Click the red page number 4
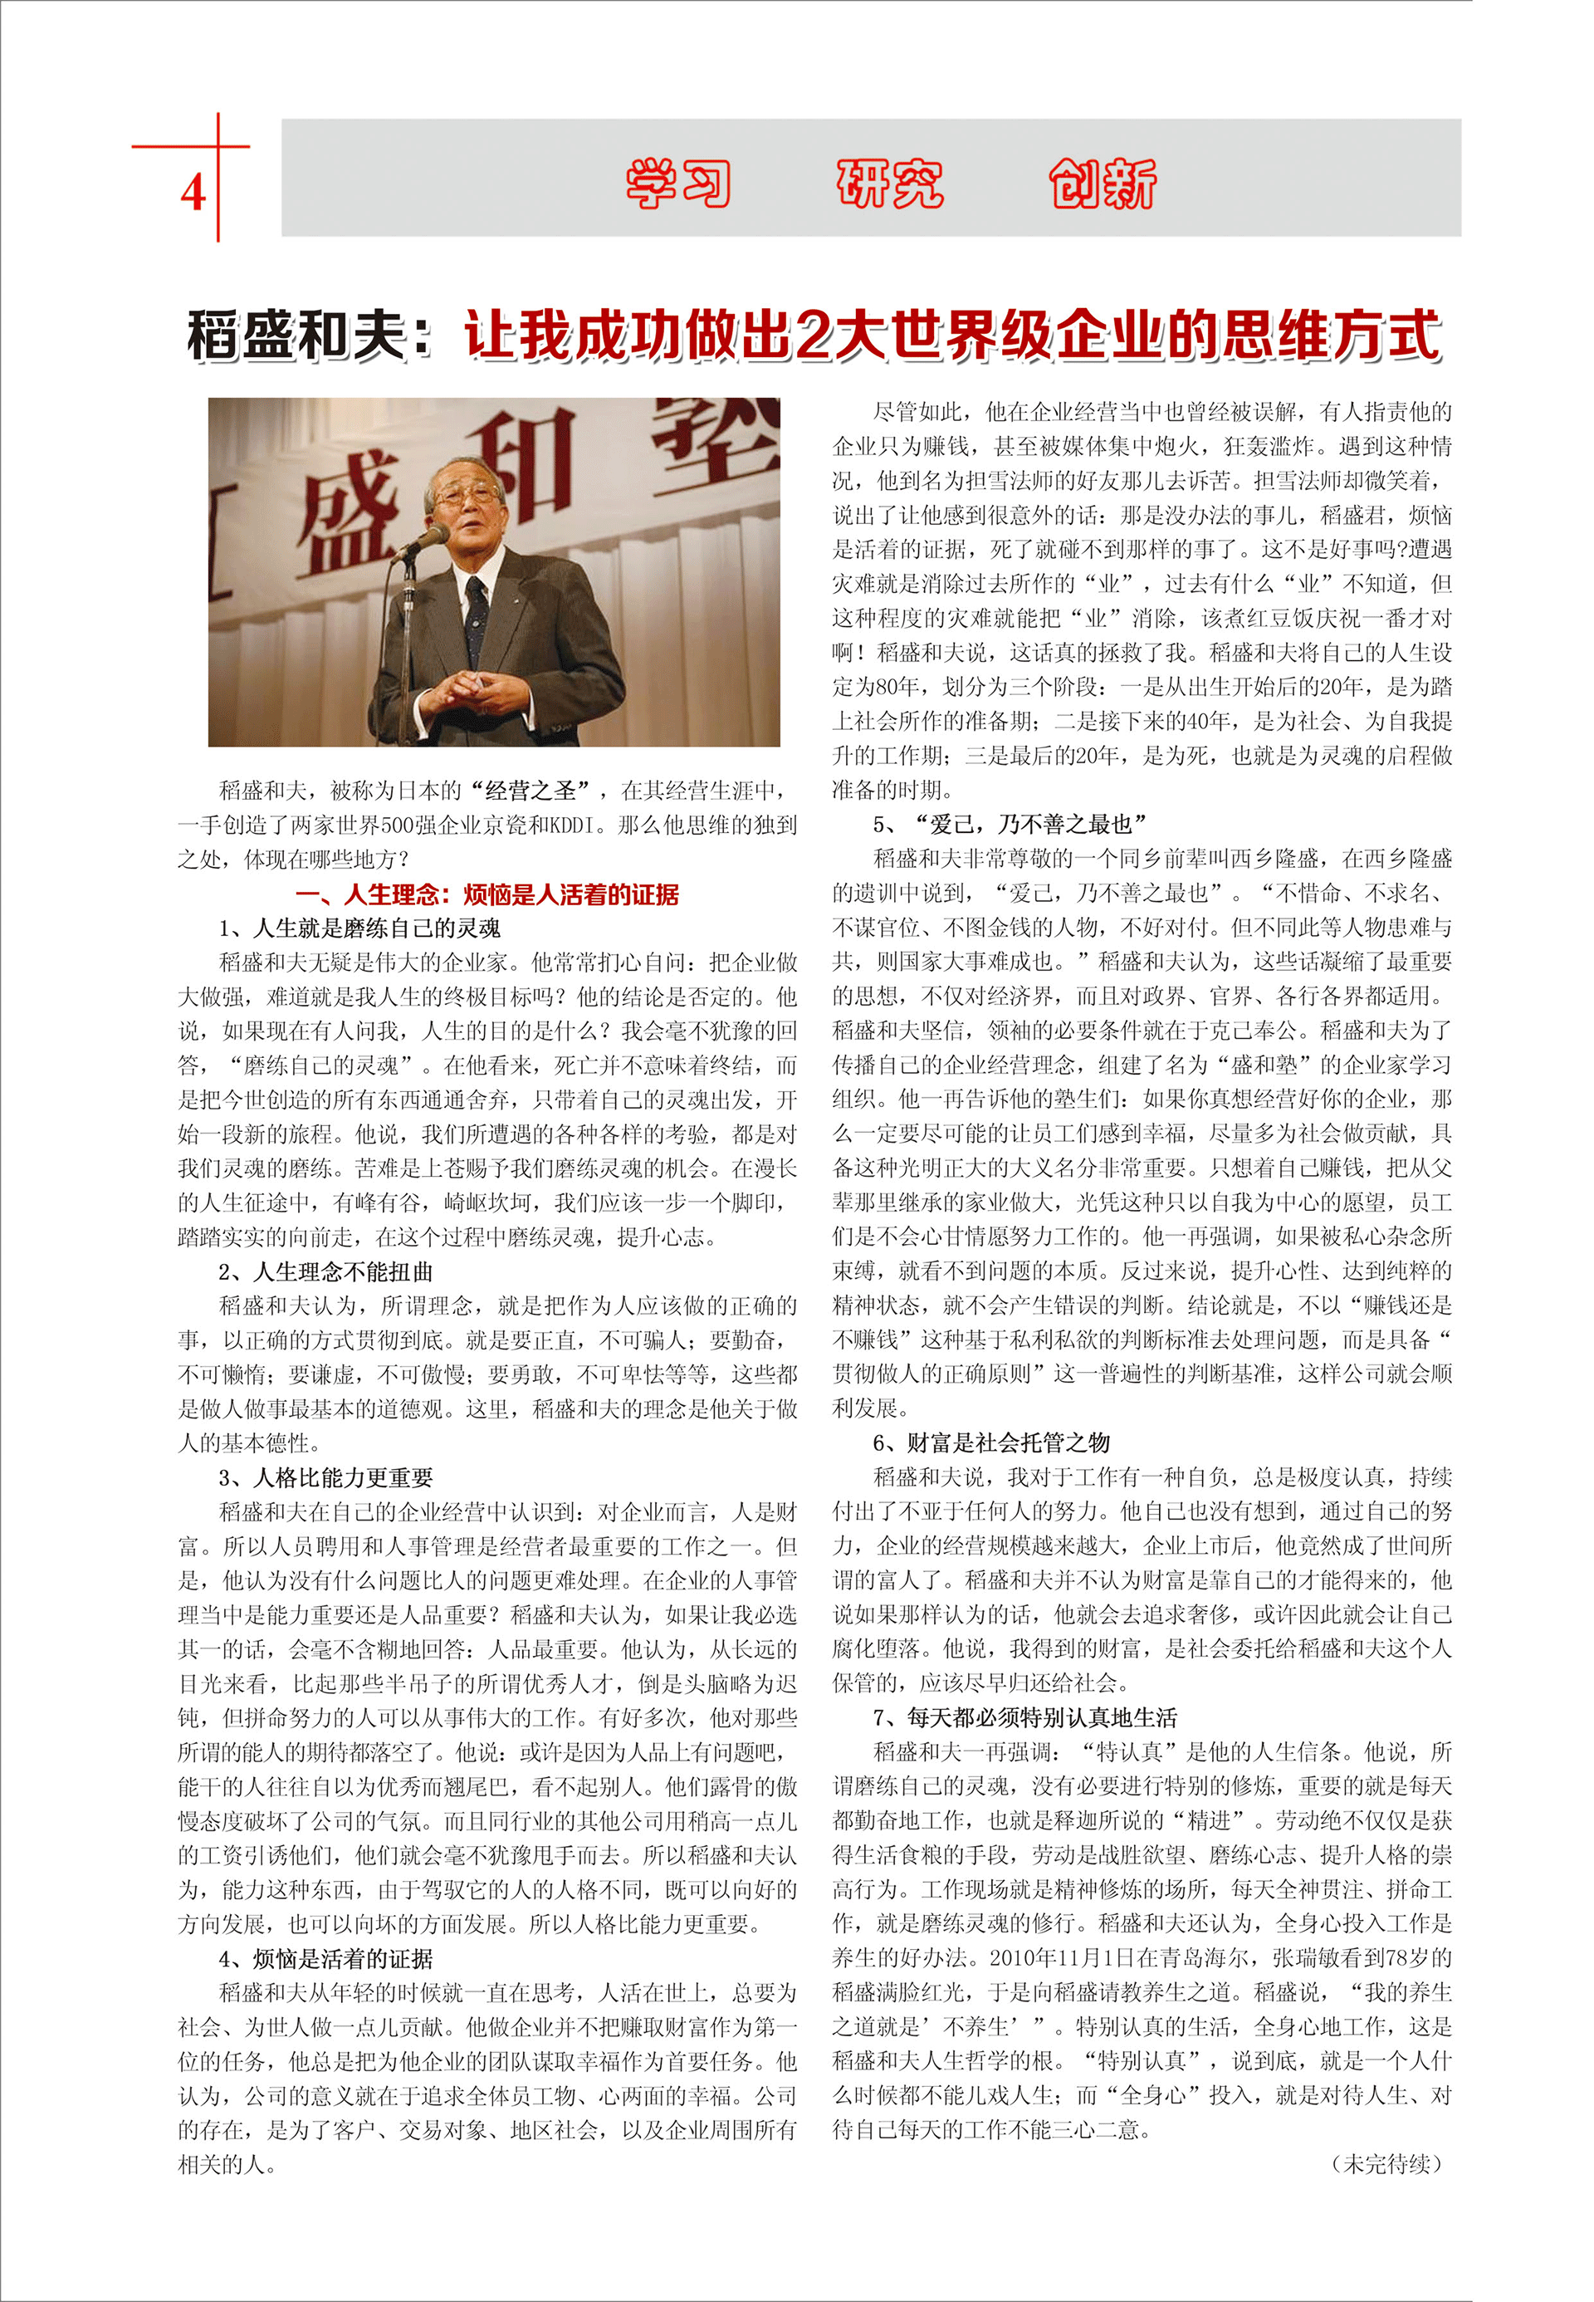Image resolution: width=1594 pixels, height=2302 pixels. [193, 192]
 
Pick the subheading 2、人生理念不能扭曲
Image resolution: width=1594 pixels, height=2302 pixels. [325, 1272]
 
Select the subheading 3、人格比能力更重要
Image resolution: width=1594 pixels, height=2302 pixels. [325, 1477]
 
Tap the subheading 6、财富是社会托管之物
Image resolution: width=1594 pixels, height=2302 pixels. [990, 1442]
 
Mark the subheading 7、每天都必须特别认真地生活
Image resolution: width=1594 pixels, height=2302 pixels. [1024, 1717]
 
